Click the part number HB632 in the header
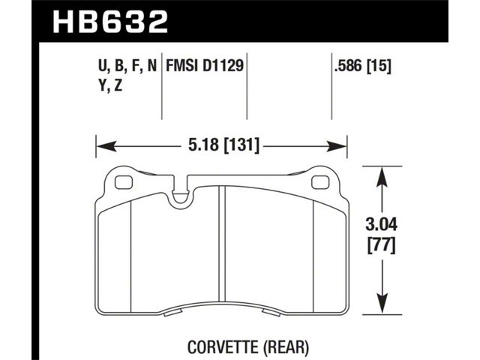[x=110, y=22]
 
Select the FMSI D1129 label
[x=205, y=65]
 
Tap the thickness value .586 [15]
[x=363, y=66]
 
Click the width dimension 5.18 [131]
[x=223, y=145]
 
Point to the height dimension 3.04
[x=382, y=225]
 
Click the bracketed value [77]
[x=382, y=246]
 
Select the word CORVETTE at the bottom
[x=223, y=347]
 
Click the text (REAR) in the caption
[x=286, y=347]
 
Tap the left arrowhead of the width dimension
[x=106, y=146]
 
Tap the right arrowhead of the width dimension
[x=337, y=146]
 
